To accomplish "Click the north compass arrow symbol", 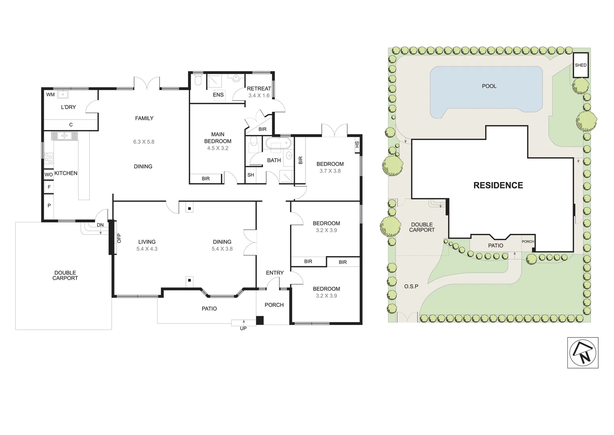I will click(x=583, y=352).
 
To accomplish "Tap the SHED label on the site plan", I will click(x=581, y=65).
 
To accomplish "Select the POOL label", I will click(x=489, y=86).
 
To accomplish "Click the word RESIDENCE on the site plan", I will click(x=498, y=185).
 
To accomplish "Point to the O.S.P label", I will click(x=411, y=286).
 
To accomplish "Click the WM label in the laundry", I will click(x=50, y=95).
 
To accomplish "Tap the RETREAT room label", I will click(x=259, y=89).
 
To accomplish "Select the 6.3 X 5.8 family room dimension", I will click(x=144, y=142).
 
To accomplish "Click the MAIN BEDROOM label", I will click(x=218, y=138).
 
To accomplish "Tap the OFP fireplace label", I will click(x=119, y=238).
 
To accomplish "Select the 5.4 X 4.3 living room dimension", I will click(x=147, y=249).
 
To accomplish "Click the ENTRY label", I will click(x=275, y=273).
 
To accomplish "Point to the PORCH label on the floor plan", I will click(x=274, y=305).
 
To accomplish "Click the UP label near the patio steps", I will click(x=243, y=328).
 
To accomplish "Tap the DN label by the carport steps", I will click(x=100, y=225).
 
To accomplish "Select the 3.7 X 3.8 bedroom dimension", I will click(x=330, y=171).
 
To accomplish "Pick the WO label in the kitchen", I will click(x=48, y=174).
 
